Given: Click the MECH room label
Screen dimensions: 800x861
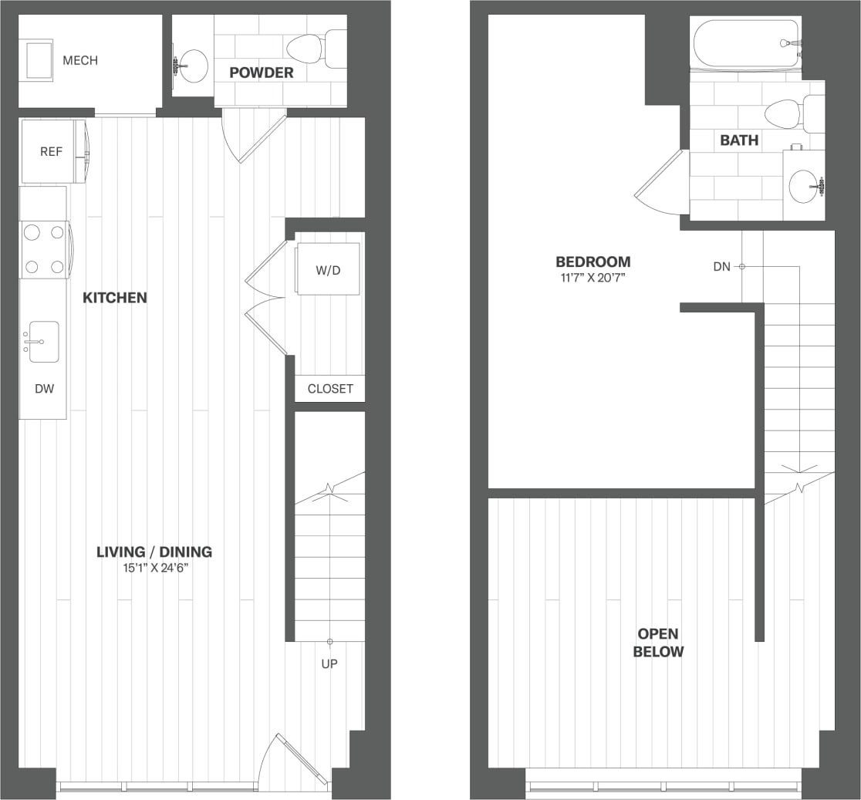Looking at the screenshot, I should coord(80,60).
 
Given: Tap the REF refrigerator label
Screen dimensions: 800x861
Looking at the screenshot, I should coord(51,152).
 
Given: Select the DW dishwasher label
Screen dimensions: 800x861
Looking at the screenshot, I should coord(44,389).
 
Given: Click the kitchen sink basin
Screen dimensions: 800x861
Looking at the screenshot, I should coord(44,342).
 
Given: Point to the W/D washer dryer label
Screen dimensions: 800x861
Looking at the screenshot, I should coord(328,269).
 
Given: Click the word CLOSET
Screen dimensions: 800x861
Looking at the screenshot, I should coord(330,389).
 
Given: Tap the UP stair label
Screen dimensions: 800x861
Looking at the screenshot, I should coord(329,663).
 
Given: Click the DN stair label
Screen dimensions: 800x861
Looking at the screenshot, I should coord(721,267).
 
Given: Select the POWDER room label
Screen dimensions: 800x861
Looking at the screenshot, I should coord(262,73).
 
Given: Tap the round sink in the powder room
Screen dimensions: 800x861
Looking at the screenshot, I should coord(191,66).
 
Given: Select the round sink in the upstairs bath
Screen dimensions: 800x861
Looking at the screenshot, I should coord(805,185).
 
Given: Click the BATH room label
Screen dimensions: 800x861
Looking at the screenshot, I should coord(739,140).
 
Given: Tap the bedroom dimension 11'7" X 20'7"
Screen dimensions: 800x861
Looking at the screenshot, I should coord(593,278).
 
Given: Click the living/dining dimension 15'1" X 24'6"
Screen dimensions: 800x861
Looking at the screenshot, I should coord(154,569).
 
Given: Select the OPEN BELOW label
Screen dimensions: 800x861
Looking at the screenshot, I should coord(658,643).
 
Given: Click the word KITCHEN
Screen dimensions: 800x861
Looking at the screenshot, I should coord(115,298).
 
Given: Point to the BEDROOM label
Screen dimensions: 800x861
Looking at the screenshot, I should coord(593,262).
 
